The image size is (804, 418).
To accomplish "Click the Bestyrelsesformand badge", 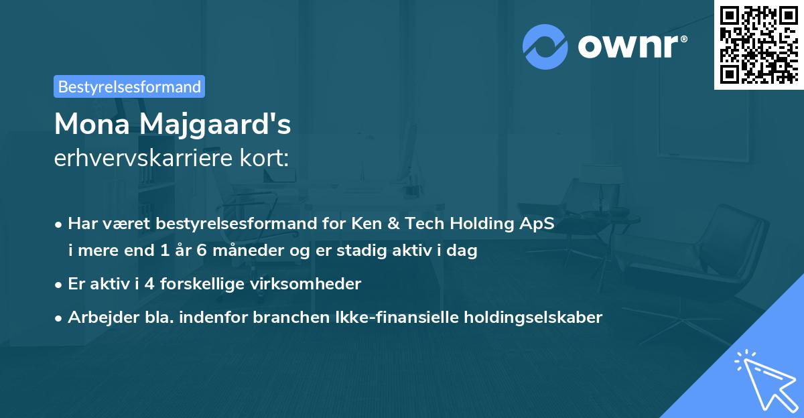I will (x=129, y=86).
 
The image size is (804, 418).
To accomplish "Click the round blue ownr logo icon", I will (x=545, y=47).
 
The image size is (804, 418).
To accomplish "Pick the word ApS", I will (x=538, y=224).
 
